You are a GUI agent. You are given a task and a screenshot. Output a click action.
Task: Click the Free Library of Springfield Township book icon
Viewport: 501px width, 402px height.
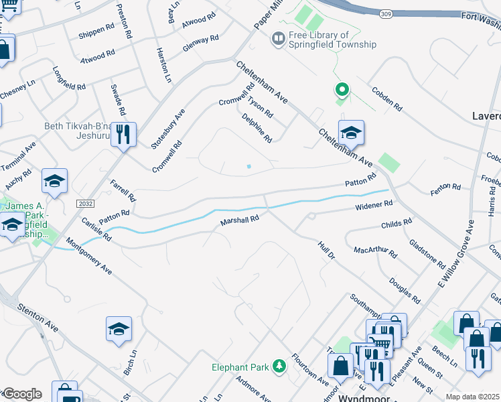click(x=278, y=40)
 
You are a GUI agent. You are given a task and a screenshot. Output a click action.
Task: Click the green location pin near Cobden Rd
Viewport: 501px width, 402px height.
click(x=342, y=89)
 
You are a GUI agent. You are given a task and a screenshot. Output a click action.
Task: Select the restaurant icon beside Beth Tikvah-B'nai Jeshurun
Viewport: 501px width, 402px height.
click(x=123, y=133)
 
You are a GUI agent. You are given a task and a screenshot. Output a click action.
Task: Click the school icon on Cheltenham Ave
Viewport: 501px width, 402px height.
click(x=350, y=133)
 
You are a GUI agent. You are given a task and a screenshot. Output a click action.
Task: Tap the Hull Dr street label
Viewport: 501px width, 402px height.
click(x=326, y=252)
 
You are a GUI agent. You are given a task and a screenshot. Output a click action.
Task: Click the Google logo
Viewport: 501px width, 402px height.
click(x=21, y=394)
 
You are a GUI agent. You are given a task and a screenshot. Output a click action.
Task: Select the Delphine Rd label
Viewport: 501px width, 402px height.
click(x=257, y=127)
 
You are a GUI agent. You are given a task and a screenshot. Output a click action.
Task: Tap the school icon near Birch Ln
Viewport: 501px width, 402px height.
click(x=119, y=328)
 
